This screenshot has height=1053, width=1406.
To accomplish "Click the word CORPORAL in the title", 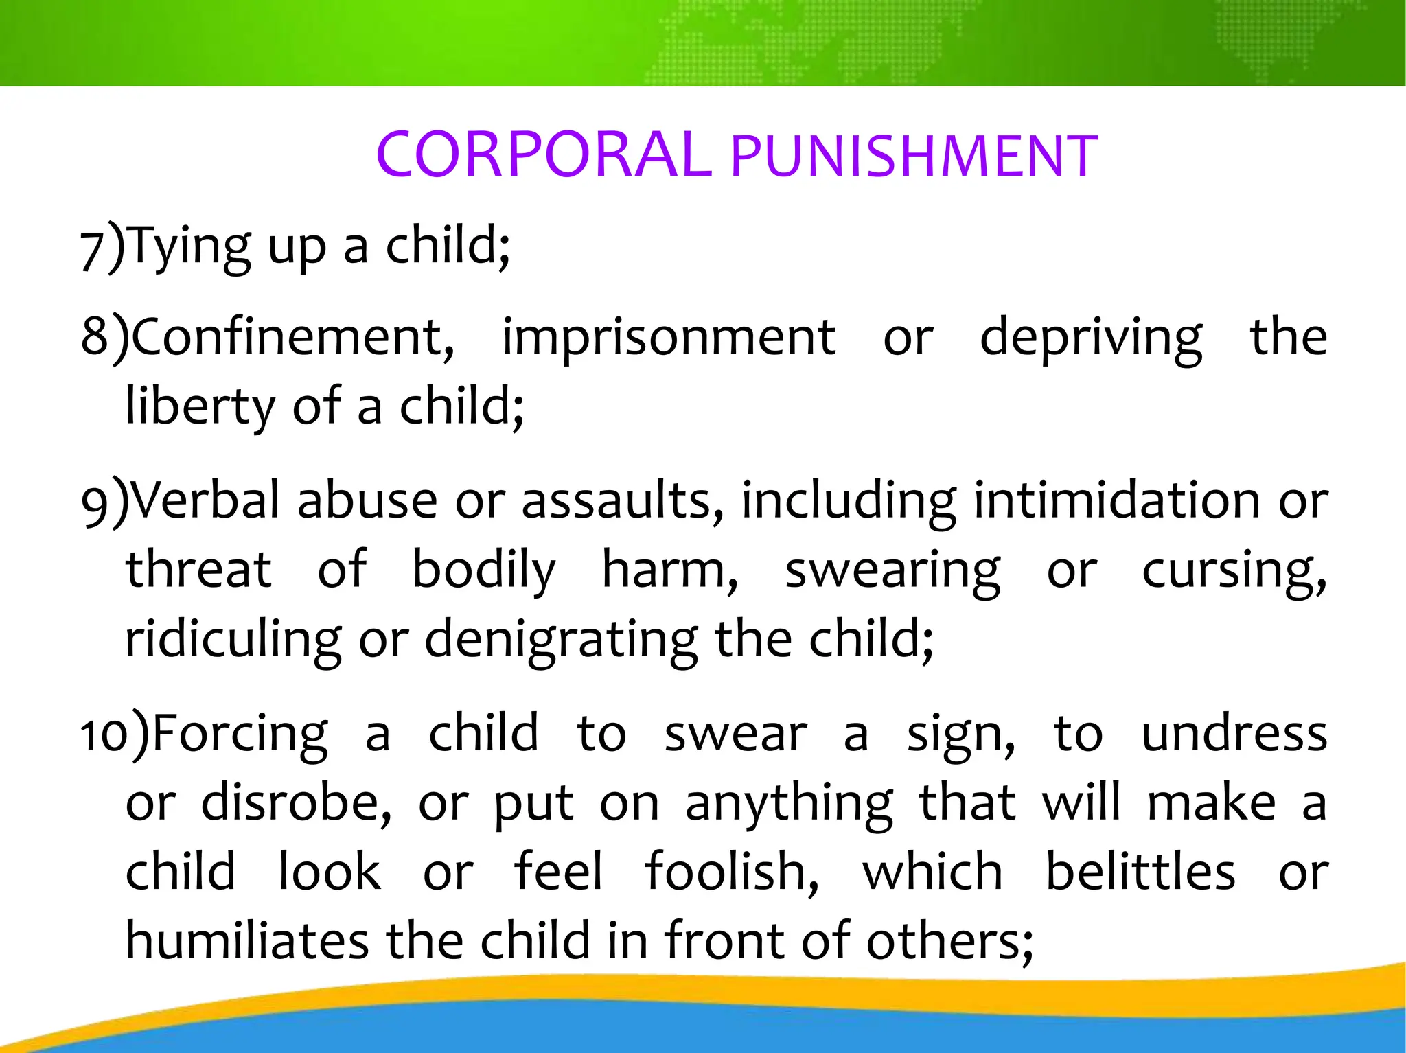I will pyautogui.click(x=543, y=154).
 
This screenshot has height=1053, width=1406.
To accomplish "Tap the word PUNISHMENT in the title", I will pyautogui.click(x=914, y=157).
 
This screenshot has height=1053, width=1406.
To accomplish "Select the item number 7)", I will pyautogui.click(x=103, y=248).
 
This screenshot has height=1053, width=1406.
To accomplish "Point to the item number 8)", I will pyautogui.click(x=105, y=337).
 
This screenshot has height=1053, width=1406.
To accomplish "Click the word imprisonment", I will pyautogui.click(x=669, y=338).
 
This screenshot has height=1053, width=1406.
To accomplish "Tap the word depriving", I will pyautogui.click(x=1091, y=338).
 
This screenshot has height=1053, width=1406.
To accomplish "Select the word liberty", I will pyautogui.click(x=200, y=407).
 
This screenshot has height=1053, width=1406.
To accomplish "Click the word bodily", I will pyautogui.click(x=483, y=570).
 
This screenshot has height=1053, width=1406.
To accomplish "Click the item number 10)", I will pyautogui.click(x=115, y=734).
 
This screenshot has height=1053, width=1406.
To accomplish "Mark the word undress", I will pyautogui.click(x=1234, y=734).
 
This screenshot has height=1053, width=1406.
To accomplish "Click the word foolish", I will pyautogui.click(x=731, y=872).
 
